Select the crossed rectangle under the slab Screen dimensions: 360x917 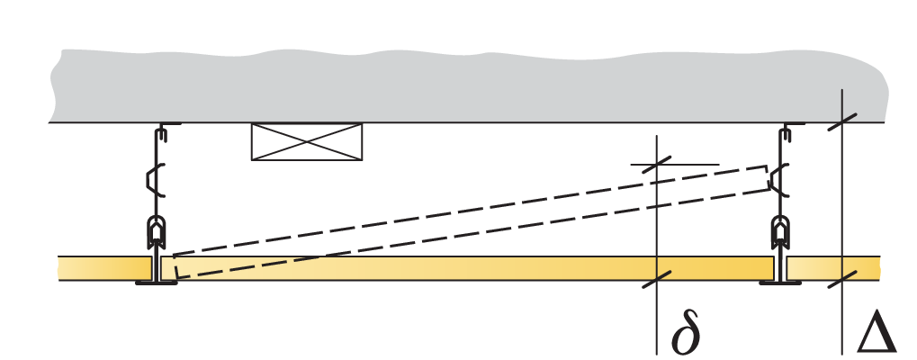tap(306, 142)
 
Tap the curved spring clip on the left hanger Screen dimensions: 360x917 tap(156, 179)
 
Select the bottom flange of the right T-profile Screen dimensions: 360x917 tap(780, 283)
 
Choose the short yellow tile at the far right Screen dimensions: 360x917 tap(832, 268)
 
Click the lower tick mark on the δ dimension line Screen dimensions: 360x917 tap(657, 278)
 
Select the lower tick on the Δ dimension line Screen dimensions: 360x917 tap(841, 278)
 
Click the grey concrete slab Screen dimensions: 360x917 tap(450, 85)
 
